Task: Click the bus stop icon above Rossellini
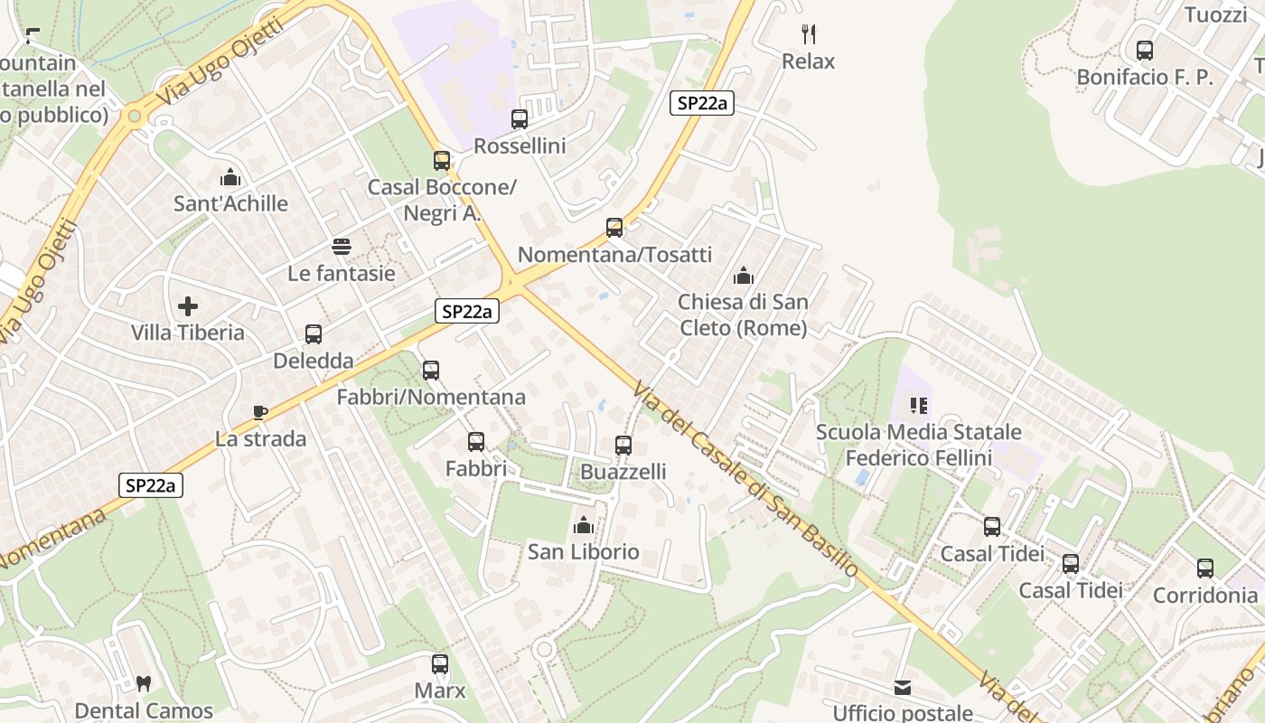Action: (520, 119)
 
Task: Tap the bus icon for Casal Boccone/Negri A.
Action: (442, 161)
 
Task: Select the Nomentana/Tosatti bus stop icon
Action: (614, 228)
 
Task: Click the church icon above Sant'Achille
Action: (230, 177)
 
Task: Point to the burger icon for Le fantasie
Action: (342, 247)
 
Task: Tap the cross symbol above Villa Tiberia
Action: (188, 307)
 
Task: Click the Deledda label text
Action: (314, 361)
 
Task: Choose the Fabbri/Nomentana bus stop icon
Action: (431, 371)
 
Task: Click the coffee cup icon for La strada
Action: (260, 413)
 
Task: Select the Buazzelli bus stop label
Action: (623, 472)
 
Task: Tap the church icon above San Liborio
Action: (584, 525)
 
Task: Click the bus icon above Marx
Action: (440, 664)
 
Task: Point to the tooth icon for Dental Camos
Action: (143, 684)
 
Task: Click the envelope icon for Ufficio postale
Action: (903, 688)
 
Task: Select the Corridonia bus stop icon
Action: (1205, 568)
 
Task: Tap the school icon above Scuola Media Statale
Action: (919, 406)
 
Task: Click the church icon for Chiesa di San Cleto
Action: (744, 276)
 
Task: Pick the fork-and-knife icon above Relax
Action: (809, 35)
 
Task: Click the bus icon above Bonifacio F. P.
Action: (1145, 51)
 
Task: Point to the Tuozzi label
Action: (1215, 14)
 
